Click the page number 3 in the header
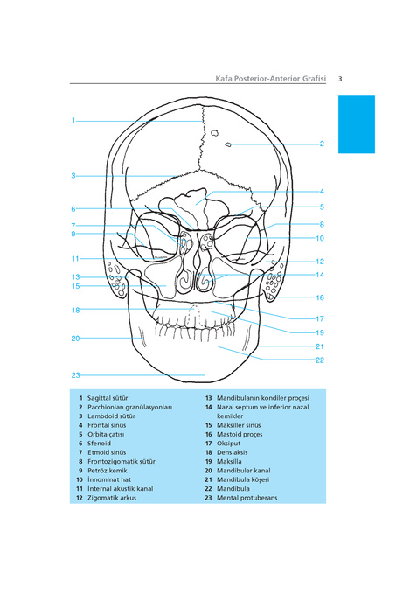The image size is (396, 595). coord(340,79)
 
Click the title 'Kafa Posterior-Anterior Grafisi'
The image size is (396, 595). coord(271,79)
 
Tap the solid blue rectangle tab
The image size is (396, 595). coord(356,124)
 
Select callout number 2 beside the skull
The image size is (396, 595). coord(322,143)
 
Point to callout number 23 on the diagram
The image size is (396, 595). coord(75,375)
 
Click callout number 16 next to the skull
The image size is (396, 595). coord(320,297)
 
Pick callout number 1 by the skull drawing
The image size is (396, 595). coord(73,120)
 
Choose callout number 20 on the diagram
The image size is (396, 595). coord(75,339)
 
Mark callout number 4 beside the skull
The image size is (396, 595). coord(322,192)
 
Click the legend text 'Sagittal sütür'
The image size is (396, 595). coord(108,398)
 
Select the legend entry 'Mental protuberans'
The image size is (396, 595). coord(247,498)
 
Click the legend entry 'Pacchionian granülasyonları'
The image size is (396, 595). coord(130,407)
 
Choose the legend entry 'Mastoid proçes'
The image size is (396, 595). coord(240,435)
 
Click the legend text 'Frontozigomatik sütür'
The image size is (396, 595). coord(122,461)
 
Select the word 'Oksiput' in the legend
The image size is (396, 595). coord(228,444)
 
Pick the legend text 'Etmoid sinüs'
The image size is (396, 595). coord(107,452)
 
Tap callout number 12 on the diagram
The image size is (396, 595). coord(320,262)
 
